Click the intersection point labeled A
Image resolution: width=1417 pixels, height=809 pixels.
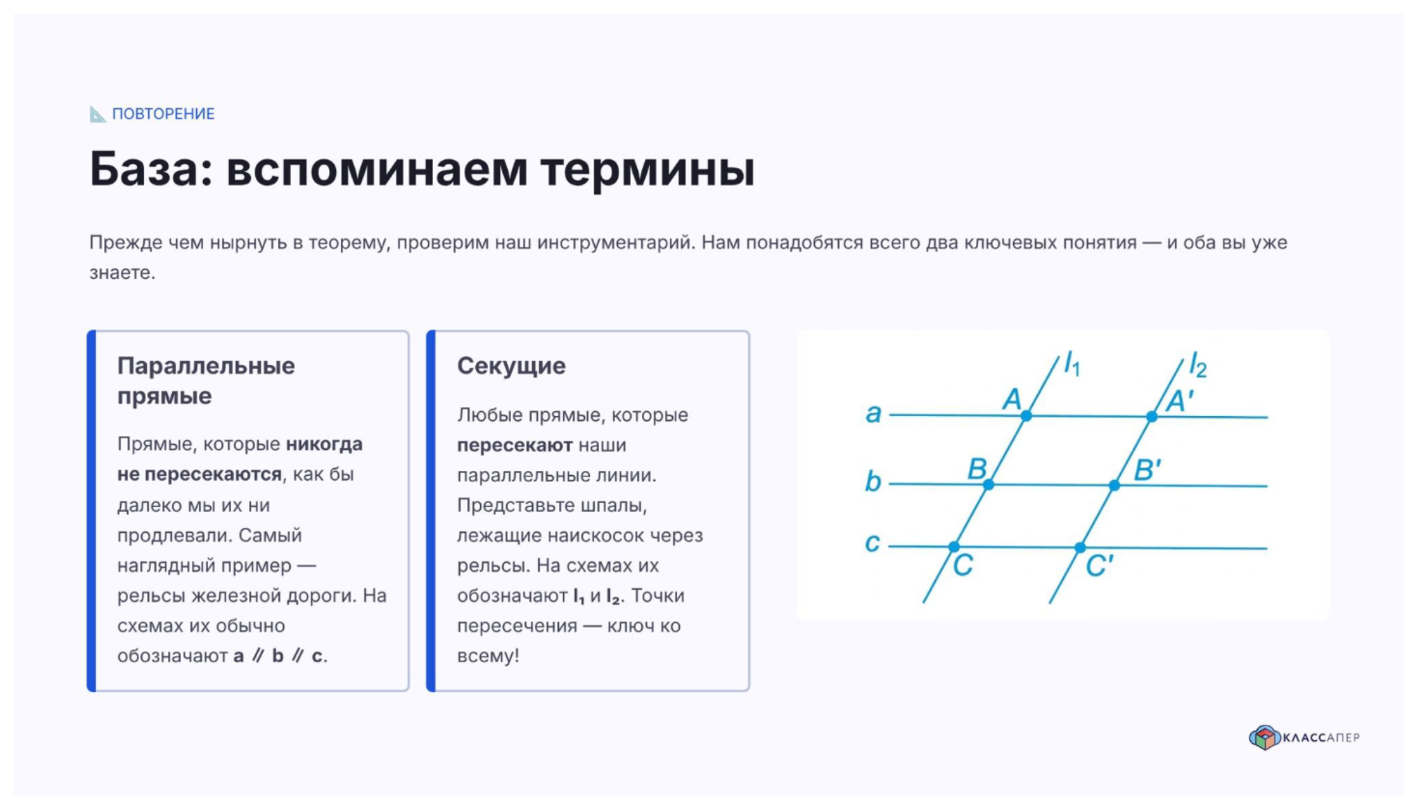point(1026,415)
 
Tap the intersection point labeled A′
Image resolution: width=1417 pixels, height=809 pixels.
point(1152,416)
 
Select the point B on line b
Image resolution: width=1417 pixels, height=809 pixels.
point(988,485)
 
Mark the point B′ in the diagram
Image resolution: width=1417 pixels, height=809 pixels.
point(1115,485)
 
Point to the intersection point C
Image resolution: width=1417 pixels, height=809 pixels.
point(954,546)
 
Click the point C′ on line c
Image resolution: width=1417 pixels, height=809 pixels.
point(1080,547)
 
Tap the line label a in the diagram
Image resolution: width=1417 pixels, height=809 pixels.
point(873,413)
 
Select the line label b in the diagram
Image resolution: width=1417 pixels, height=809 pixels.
point(872,481)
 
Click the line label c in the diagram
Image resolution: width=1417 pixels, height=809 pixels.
point(872,543)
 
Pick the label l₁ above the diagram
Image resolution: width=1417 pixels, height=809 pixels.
point(1072,363)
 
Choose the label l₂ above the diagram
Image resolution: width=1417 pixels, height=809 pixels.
point(1198,365)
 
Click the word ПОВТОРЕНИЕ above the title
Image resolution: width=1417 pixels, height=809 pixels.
point(163,114)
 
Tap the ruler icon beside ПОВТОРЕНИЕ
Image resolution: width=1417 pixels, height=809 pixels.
point(97,114)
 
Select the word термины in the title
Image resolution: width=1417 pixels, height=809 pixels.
point(647,169)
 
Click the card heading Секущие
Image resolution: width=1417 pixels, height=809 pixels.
point(512,366)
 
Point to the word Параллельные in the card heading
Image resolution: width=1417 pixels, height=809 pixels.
point(206,366)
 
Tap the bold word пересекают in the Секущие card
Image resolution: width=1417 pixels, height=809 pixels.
point(514,446)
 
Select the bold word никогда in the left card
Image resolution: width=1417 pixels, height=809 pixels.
point(324,444)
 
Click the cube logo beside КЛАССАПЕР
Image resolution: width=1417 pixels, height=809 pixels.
point(1264,738)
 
